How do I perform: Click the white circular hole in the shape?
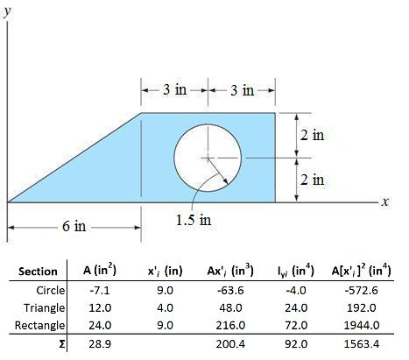pos(208,157)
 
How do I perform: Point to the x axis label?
pos(383,202)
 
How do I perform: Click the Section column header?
pos(39,271)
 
